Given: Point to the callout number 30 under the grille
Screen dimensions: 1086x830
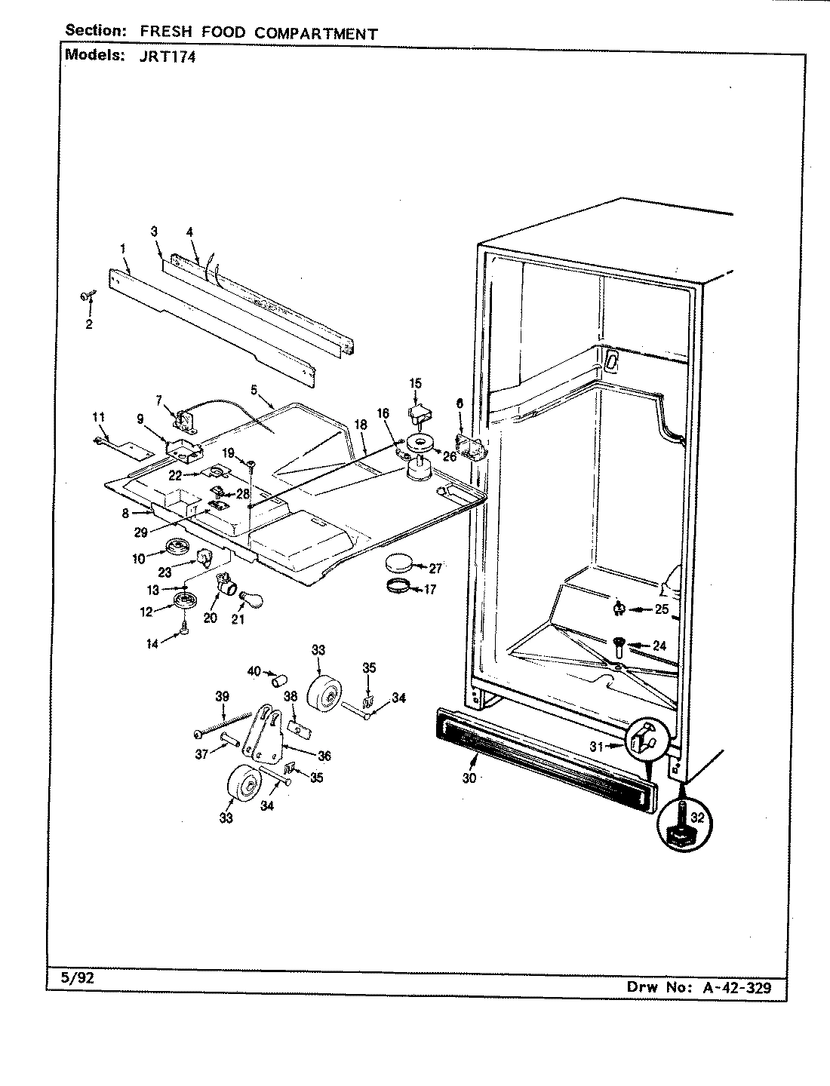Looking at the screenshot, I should coord(469,778).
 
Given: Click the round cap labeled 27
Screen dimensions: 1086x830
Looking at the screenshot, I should coord(400,562).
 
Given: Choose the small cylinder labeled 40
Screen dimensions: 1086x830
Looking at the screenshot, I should coord(277,682).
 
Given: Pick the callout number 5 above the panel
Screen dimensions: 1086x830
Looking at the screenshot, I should coord(254,390).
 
